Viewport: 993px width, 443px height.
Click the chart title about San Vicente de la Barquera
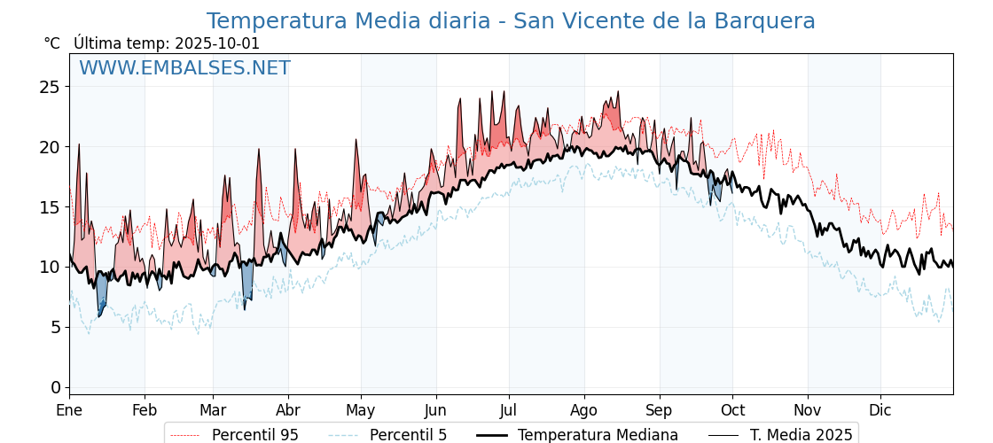511,21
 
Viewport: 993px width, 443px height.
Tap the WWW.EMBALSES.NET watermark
184,68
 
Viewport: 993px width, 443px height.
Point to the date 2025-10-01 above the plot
217,43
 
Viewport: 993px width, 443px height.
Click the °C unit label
52,43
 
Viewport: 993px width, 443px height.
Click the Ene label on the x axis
69,410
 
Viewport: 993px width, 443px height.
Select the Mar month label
213,410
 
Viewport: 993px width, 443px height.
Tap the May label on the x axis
361,410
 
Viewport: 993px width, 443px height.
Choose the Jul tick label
509,410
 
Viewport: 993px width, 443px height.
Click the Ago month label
584,410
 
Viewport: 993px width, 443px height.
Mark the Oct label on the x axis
732,410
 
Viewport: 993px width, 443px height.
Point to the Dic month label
880,410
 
